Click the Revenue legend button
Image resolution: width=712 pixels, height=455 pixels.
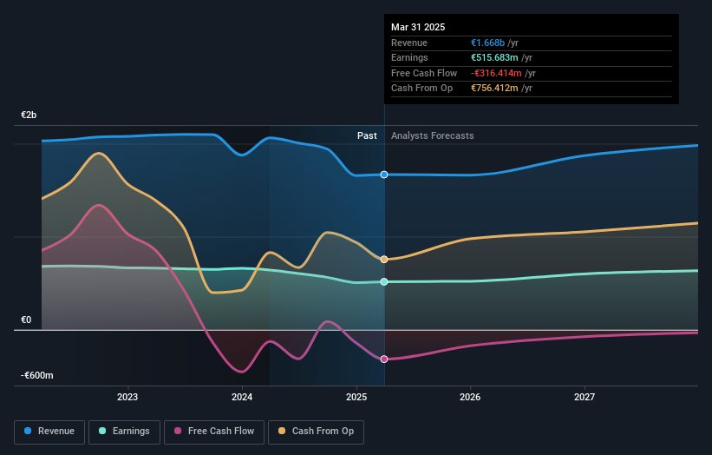tap(50, 431)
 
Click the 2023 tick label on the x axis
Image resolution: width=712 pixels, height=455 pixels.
tap(127, 397)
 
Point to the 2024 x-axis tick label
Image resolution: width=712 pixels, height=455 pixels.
tap(242, 397)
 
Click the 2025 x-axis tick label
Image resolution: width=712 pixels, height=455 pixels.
tap(356, 397)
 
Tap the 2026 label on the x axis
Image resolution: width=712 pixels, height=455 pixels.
tap(470, 397)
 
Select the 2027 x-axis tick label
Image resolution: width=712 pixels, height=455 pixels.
tap(585, 397)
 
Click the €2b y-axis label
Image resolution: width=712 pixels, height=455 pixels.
tap(29, 115)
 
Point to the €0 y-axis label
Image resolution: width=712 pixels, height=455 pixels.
tap(26, 320)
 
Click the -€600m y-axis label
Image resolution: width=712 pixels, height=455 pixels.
tap(37, 375)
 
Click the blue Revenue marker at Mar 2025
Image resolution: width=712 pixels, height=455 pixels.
tap(383, 175)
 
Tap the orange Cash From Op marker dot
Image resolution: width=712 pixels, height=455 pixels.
tap(383, 259)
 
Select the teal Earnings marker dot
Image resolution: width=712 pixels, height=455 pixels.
tap(383, 281)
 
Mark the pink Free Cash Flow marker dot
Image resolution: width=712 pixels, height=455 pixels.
tap(383, 359)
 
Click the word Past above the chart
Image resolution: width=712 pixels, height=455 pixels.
tap(367, 135)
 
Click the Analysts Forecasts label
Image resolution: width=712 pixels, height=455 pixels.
tap(433, 135)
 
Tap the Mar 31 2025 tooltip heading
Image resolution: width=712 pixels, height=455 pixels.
tap(418, 27)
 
